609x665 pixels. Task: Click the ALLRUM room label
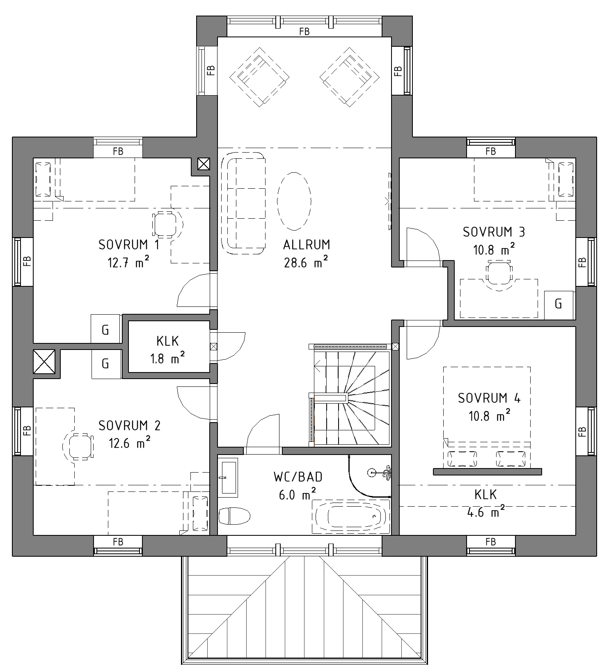pyautogui.click(x=307, y=245)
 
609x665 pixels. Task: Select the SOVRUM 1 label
pyautogui.click(x=129, y=245)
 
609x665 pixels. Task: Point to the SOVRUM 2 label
pyautogui.click(x=129, y=426)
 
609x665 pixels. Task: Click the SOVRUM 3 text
pyautogui.click(x=494, y=232)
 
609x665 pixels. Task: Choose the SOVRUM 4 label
pyautogui.click(x=489, y=398)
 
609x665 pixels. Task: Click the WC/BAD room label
pyautogui.click(x=298, y=477)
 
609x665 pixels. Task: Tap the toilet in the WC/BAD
pyautogui.click(x=234, y=516)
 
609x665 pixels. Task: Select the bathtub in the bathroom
pyautogui.click(x=351, y=516)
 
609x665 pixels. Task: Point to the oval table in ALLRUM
pyautogui.click(x=294, y=201)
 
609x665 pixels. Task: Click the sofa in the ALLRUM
pyautogui.click(x=243, y=203)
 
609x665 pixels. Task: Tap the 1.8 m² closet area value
pyautogui.click(x=167, y=359)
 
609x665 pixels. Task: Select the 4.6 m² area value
pyautogui.click(x=486, y=512)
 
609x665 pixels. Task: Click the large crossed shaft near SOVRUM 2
pyautogui.click(x=44, y=362)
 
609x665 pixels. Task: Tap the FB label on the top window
pyautogui.click(x=304, y=31)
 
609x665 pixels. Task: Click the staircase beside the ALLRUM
pyautogui.click(x=349, y=396)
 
